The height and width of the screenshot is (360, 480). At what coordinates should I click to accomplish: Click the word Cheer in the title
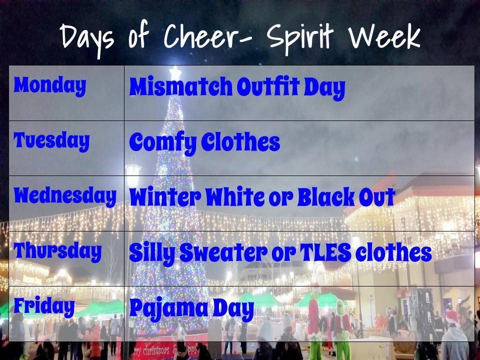click(x=202, y=36)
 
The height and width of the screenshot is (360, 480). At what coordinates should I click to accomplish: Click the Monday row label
click(x=50, y=86)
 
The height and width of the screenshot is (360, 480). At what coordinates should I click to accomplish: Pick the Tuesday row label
click(x=51, y=141)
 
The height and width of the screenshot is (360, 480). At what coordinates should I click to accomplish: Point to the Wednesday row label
click(x=65, y=196)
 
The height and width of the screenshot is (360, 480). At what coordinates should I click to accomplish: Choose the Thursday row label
click(x=58, y=251)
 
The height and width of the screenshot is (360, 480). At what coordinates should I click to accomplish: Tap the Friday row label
click(x=44, y=306)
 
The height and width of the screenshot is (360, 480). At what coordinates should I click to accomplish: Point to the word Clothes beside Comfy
click(x=240, y=142)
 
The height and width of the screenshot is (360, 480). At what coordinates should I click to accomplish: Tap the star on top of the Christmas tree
click(x=175, y=73)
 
